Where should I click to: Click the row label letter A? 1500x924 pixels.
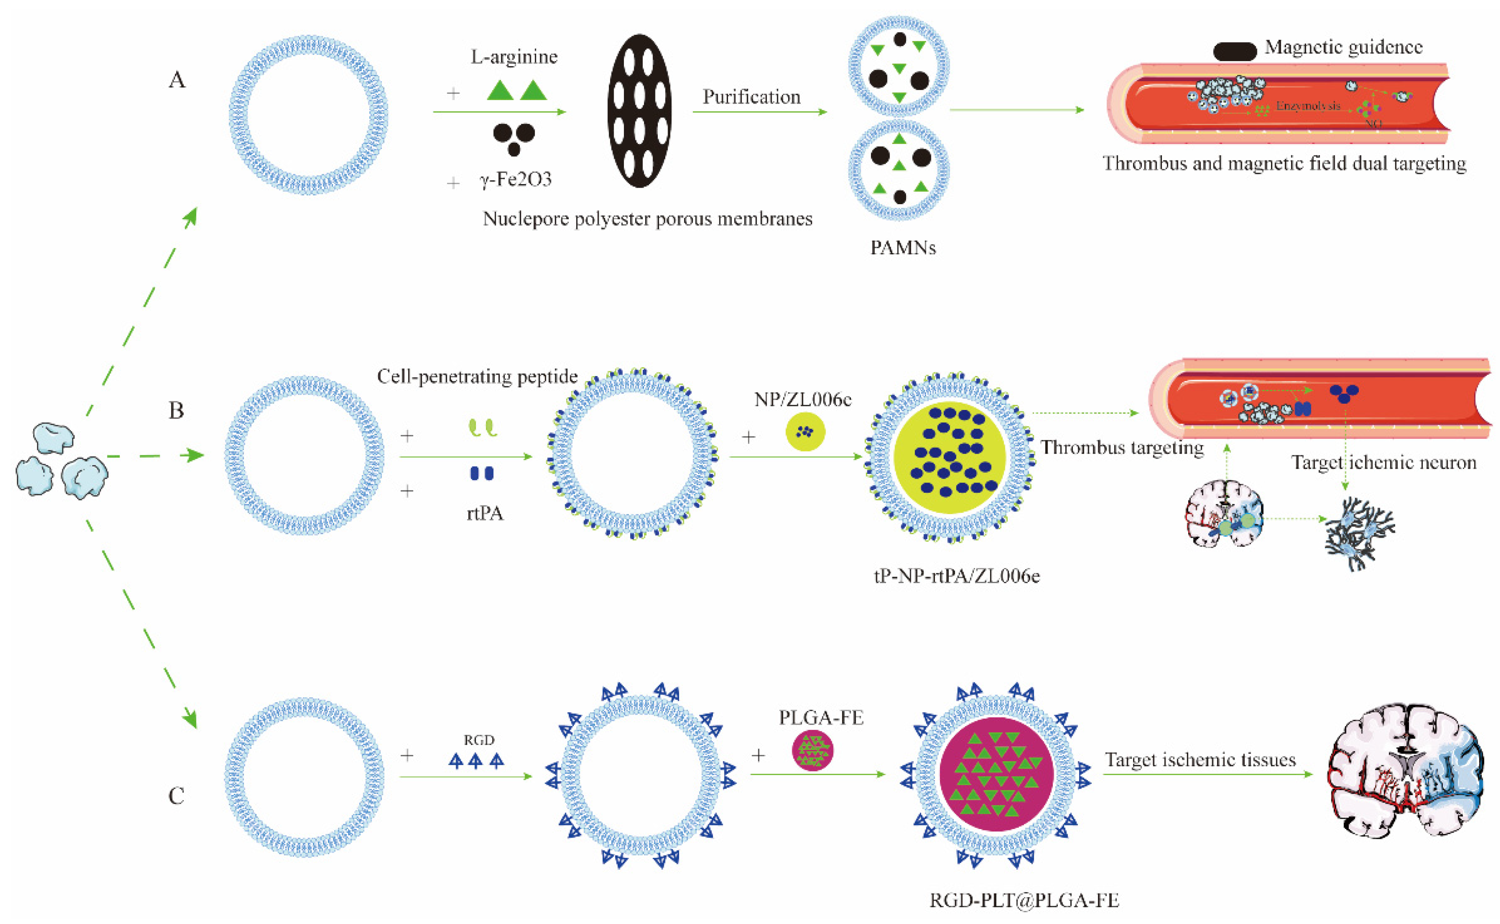pyautogui.click(x=177, y=80)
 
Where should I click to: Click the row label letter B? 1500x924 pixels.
pyautogui.click(x=176, y=411)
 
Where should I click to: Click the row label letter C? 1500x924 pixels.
pyautogui.click(x=176, y=795)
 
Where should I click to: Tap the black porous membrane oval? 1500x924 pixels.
pyautogui.click(x=639, y=111)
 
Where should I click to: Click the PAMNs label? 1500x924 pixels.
pyautogui.click(x=903, y=248)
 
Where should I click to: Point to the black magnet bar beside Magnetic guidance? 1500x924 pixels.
pyautogui.click(x=1234, y=51)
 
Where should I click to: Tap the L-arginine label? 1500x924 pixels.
pyautogui.click(x=514, y=57)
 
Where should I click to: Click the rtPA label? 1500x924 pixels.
pyautogui.click(x=484, y=513)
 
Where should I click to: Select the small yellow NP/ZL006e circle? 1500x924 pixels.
pyautogui.click(x=805, y=432)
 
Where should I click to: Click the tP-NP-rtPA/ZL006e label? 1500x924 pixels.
pyautogui.click(x=957, y=576)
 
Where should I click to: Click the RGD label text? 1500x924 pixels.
pyautogui.click(x=478, y=740)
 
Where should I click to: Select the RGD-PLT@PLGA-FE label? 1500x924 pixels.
pyautogui.click(x=1024, y=900)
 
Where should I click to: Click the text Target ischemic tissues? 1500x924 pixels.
pyautogui.click(x=1200, y=760)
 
